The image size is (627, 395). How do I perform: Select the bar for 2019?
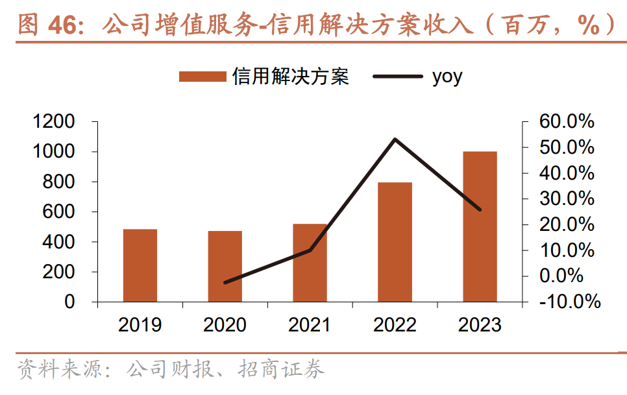140,265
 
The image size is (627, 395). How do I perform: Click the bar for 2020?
225,267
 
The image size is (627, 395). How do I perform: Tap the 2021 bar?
310,263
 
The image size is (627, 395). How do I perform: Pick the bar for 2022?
395,242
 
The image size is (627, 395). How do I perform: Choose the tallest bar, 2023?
480,226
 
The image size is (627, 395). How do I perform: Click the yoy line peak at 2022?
395,139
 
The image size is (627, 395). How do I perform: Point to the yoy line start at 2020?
225,283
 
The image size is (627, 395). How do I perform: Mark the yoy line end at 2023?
480,209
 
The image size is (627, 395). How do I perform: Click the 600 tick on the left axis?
63,212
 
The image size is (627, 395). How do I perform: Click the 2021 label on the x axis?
310,324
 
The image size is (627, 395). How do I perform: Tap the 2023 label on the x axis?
480,324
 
